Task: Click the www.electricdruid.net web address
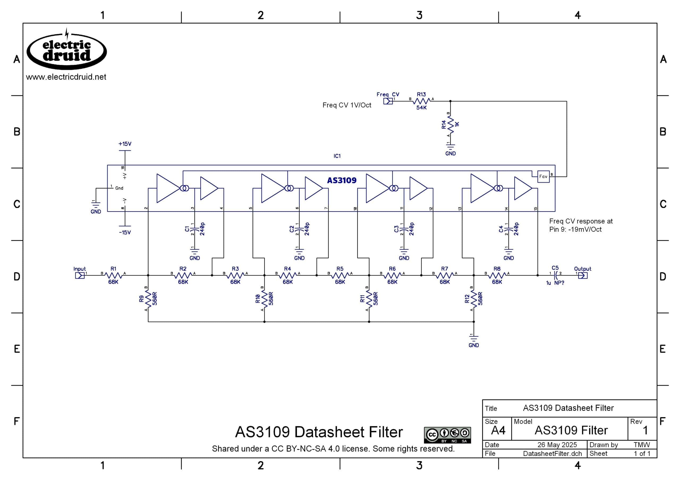pos(66,77)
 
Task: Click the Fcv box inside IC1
pos(543,177)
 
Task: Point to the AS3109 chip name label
pos(342,181)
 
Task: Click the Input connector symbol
pos(80,276)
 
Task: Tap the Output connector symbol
pos(583,276)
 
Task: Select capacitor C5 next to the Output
pos(556,276)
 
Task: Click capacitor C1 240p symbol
pos(194,230)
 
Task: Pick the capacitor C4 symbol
pos(508,230)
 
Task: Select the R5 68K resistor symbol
pos(340,276)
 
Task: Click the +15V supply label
pos(125,144)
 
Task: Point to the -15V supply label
pos(125,233)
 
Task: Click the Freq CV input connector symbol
pos(388,101)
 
